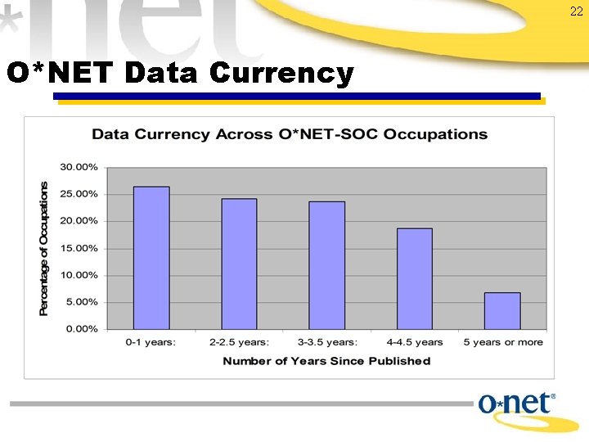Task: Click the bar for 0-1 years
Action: tap(151, 258)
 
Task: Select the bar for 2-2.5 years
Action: tap(239, 264)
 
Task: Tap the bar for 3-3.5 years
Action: tap(326, 265)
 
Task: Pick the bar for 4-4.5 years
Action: tap(414, 278)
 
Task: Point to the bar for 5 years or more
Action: tap(501, 311)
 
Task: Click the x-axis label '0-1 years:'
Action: tap(151, 342)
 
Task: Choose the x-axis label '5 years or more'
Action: tap(501, 342)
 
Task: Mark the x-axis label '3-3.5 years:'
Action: tap(326, 342)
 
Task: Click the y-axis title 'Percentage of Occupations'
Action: tap(44, 248)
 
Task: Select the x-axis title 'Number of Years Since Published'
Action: tap(326, 361)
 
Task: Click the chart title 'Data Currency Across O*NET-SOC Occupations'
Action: tap(289, 134)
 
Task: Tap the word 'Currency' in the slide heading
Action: tap(281, 74)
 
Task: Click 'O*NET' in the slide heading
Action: tap(61, 74)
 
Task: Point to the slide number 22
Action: tap(576, 11)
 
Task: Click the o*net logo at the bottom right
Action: tap(517, 405)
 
